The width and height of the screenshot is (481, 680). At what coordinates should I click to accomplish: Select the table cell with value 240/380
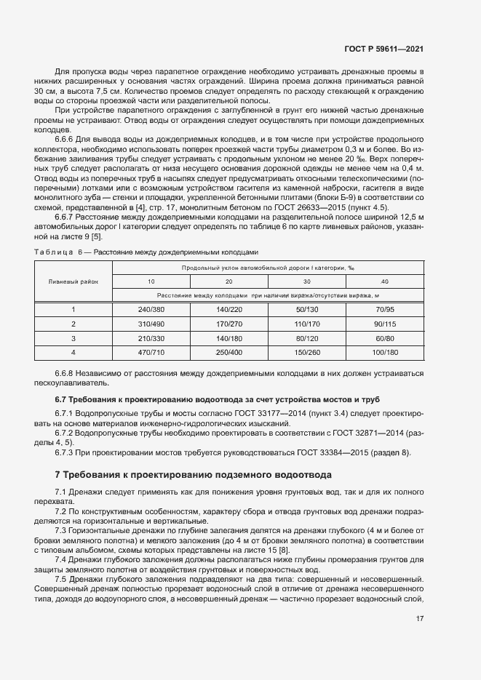coord(151,309)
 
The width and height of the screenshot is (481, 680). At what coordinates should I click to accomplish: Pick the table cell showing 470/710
coord(151,352)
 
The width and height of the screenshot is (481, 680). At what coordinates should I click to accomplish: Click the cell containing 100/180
coord(385,352)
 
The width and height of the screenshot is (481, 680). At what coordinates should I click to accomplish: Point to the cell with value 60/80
coord(385,338)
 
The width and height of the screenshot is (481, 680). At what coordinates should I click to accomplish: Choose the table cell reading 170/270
coord(229,324)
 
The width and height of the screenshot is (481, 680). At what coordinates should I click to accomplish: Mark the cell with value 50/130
coord(307,309)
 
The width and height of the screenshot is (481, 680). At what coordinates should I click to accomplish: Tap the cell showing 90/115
coord(385,324)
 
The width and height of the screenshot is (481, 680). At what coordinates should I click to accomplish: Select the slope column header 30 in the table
coord(307,281)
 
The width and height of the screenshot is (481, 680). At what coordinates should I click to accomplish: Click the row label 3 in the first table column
coord(73,338)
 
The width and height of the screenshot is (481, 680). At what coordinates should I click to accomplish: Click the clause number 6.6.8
coord(66,373)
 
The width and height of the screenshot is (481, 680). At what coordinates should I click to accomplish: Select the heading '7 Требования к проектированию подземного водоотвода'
coord(194,474)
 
